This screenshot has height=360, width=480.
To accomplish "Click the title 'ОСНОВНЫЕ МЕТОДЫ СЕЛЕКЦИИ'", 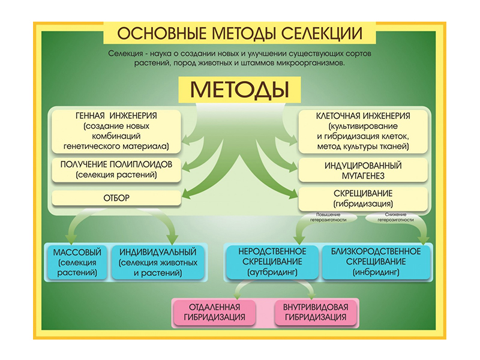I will [239, 32].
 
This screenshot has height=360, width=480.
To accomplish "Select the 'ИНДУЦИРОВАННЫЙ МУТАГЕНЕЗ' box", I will [363, 170].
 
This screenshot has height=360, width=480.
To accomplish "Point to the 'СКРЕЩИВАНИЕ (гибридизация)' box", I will [363, 198].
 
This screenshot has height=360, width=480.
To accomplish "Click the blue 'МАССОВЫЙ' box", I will [77, 262].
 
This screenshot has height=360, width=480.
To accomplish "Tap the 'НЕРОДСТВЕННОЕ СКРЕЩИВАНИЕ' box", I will [272, 262].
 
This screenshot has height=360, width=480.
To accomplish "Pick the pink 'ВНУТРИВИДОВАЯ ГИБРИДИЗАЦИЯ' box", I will [316, 311].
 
